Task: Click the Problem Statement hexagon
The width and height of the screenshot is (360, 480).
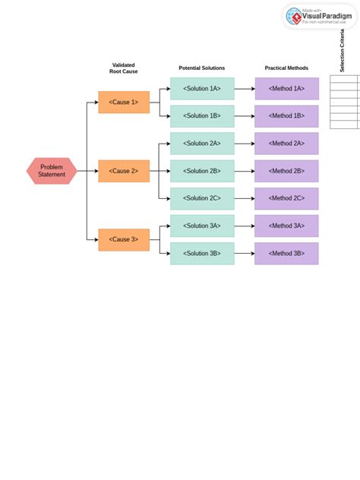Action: pyautogui.click(x=52, y=171)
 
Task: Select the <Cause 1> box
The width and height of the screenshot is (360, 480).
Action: pyautogui.click(x=124, y=102)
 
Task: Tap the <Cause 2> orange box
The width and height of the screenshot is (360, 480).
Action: pyautogui.click(x=124, y=171)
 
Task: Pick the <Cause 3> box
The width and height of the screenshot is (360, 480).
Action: pyautogui.click(x=124, y=239)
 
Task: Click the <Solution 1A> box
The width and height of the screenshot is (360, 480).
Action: pyautogui.click(x=202, y=88)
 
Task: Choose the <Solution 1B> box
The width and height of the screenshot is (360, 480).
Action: pyautogui.click(x=202, y=115)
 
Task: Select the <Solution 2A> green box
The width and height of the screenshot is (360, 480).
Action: pyautogui.click(x=202, y=144)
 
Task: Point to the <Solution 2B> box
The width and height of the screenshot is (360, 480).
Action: pyautogui.click(x=202, y=171)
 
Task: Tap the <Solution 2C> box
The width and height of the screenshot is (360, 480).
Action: pyautogui.click(x=202, y=198)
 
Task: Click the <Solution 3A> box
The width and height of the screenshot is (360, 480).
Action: pyautogui.click(x=202, y=226)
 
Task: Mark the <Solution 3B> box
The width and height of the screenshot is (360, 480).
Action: pyautogui.click(x=202, y=253)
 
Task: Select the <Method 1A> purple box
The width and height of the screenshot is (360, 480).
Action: pyautogui.click(x=286, y=88)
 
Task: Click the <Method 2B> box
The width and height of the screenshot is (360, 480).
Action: pyautogui.click(x=286, y=171)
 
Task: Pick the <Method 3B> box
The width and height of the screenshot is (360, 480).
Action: pyautogui.click(x=286, y=253)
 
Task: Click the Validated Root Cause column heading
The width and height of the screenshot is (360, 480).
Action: pyautogui.click(x=124, y=68)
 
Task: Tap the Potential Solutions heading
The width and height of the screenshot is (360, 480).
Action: pyautogui.click(x=202, y=68)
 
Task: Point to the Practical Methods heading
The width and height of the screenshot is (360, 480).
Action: pyautogui.click(x=286, y=68)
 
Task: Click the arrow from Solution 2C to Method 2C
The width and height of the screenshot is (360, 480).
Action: pyautogui.click(x=245, y=198)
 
